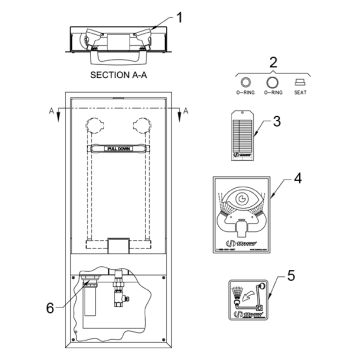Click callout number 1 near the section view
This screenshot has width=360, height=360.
click(180, 17)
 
